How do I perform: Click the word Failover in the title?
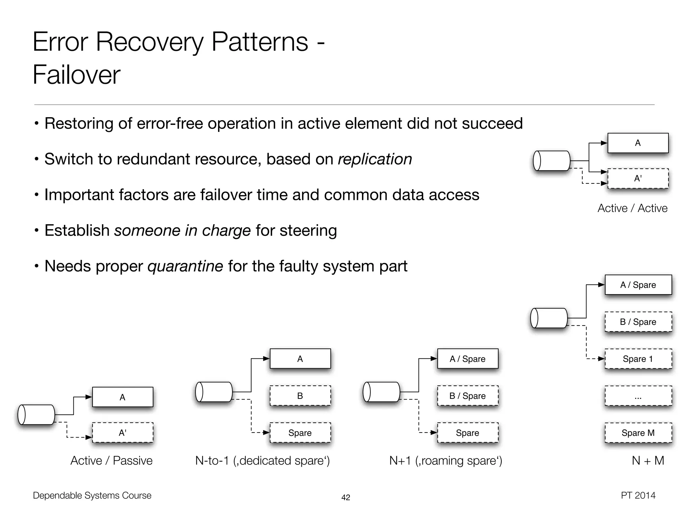pyautogui.click(x=76, y=75)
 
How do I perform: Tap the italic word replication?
pyautogui.click(x=375, y=159)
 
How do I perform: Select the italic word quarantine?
pyautogui.click(x=185, y=266)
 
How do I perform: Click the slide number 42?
pyautogui.click(x=346, y=497)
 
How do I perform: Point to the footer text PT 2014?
pyautogui.click(x=638, y=495)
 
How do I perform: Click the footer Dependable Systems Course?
pyautogui.click(x=92, y=495)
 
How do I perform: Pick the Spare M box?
pyautogui.click(x=638, y=433)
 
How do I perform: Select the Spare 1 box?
pyautogui.click(x=638, y=359)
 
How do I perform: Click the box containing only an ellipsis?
pyautogui.click(x=638, y=396)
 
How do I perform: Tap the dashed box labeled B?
pyautogui.click(x=300, y=396)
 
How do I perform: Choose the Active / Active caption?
pyautogui.click(x=632, y=208)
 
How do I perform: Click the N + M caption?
pyautogui.click(x=648, y=460)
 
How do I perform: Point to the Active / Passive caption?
pyautogui.click(x=111, y=460)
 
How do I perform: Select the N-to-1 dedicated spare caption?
pyautogui.click(x=262, y=460)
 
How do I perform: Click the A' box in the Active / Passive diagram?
pyautogui.click(x=122, y=433)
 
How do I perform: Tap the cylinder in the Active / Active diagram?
pyautogui.click(x=552, y=161)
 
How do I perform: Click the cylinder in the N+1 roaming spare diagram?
pyautogui.click(x=381, y=392)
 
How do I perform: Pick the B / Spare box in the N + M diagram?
pyautogui.click(x=638, y=322)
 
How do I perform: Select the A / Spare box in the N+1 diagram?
pyautogui.click(x=467, y=359)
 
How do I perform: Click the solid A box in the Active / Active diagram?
pyautogui.click(x=638, y=143)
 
